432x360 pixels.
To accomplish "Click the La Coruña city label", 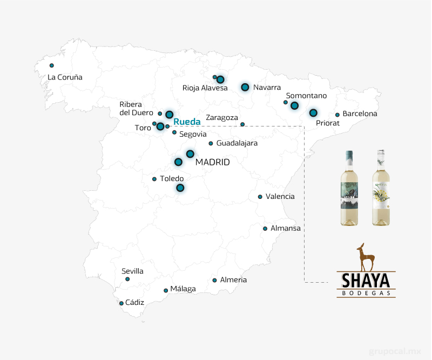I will point(65,77).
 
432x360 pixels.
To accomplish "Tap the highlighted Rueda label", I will point(187,122).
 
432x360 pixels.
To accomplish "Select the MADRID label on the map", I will point(213,162).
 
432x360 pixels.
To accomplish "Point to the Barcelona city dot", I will point(337,115).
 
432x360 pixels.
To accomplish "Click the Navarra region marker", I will point(245,87).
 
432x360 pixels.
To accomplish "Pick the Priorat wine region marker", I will point(313,113).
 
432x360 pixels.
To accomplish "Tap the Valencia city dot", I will point(260,197).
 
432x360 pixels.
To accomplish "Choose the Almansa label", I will point(285,228).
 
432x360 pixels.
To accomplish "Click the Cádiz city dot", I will point(122,303).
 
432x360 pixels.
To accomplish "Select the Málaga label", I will point(183,289).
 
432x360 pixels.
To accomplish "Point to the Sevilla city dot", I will point(127,279).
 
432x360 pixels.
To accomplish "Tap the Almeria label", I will point(233,280).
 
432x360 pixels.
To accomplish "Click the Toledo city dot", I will point(154,179).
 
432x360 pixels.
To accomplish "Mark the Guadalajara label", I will point(237,143).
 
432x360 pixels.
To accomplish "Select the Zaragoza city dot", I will point(242,124).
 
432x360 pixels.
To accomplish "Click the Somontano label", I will point(306,96).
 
